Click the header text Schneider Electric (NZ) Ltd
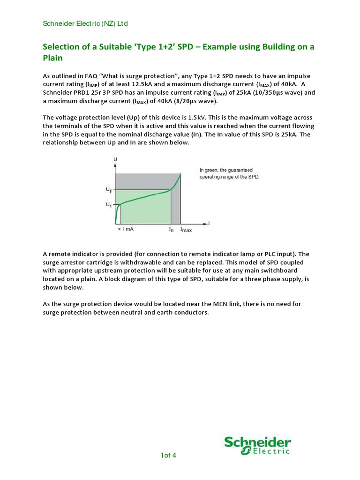tap(85, 23)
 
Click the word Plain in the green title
tap(52, 58)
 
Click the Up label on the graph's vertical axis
tap(109, 190)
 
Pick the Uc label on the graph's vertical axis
tap(109, 205)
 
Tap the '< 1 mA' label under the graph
tap(126, 230)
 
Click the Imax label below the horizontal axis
tap(187, 230)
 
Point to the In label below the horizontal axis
tap(171, 230)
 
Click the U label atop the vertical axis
tap(115, 160)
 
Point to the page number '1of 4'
tap(168, 455)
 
